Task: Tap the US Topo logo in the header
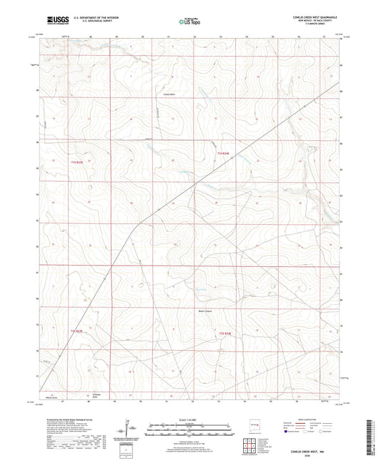[189, 21]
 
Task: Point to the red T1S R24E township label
[223, 152]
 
